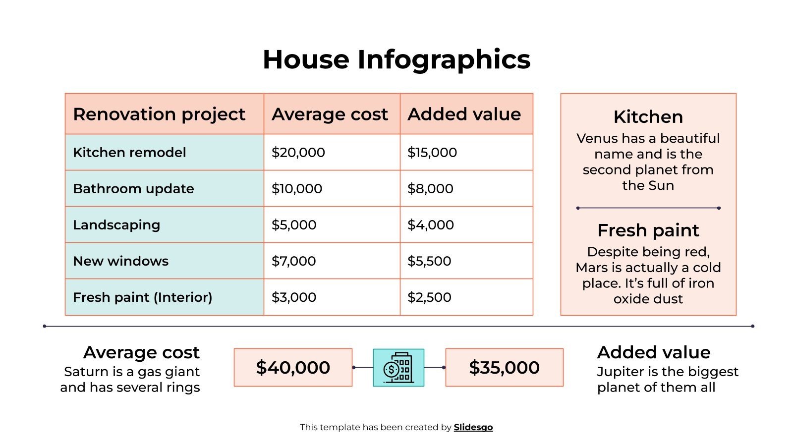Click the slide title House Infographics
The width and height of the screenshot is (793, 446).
[x=396, y=59]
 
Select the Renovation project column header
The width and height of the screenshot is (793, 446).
[x=159, y=114]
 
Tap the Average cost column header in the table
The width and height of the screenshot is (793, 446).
[x=330, y=114]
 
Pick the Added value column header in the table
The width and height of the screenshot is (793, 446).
[x=464, y=114]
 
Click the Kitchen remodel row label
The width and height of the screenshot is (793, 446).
[x=129, y=152]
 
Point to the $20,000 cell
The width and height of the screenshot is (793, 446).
[x=298, y=152]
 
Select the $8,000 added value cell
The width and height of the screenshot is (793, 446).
[x=430, y=188]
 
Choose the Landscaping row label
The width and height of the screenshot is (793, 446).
[x=116, y=224]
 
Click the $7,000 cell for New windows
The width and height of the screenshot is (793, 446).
[x=293, y=261]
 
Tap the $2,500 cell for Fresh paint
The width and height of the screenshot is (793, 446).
[x=429, y=297]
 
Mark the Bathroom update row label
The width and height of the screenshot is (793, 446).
[x=133, y=188]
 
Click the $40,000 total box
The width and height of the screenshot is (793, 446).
[x=293, y=367]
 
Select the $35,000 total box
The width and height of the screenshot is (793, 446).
[x=504, y=367]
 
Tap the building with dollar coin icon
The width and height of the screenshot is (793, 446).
[x=398, y=367]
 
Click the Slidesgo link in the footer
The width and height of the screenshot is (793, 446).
[x=473, y=427]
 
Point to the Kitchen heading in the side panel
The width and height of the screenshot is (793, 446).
[x=648, y=117]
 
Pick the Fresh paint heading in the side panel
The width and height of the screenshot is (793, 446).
[x=648, y=230]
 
